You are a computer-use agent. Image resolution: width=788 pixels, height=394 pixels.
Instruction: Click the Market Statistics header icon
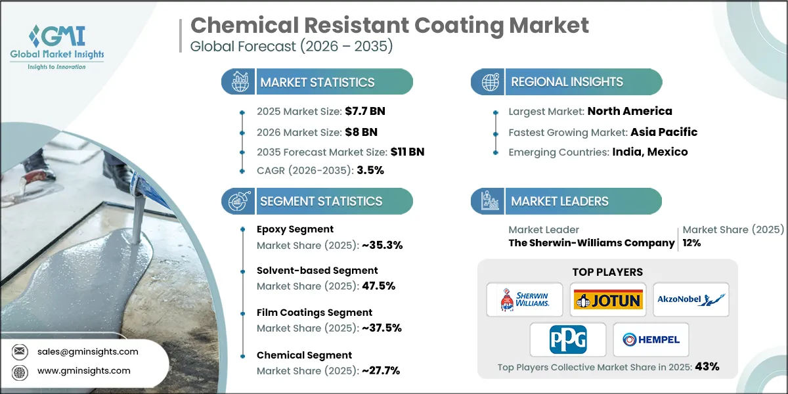238,82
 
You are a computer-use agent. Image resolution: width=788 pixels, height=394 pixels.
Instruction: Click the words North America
630,111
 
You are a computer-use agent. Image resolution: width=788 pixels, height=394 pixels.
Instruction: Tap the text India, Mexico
650,152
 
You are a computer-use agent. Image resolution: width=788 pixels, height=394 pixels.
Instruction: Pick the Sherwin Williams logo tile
525,300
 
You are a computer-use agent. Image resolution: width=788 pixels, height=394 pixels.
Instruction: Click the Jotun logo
608,300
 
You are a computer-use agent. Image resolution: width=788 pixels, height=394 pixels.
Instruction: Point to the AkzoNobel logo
691,300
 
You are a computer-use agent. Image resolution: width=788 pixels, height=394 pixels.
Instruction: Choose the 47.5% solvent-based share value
379,286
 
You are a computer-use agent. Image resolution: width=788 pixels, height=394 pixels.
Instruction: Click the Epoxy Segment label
295,229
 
